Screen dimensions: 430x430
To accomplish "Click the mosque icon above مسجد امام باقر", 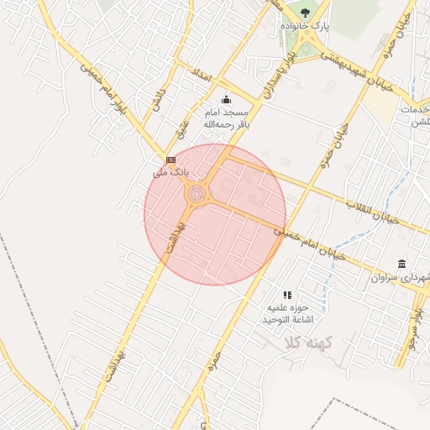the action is point(225,99).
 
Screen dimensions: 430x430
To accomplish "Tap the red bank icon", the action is point(170,159).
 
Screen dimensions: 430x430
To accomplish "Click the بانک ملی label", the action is point(170,172).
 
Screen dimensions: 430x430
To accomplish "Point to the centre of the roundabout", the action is point(197,195).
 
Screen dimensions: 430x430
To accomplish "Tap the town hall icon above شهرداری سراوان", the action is point(402,263).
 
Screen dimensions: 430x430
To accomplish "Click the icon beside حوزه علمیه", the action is point(287,295).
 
